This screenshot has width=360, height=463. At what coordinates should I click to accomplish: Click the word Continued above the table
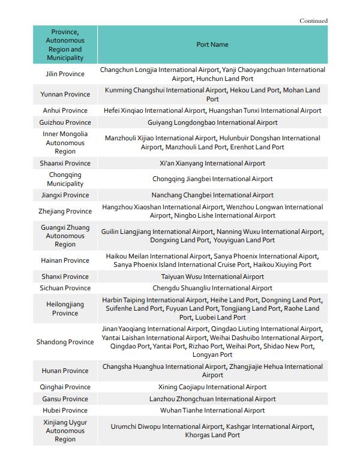[313, 21]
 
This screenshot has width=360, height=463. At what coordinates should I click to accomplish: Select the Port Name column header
[212, 44]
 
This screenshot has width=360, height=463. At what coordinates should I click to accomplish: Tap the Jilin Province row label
[65, 74]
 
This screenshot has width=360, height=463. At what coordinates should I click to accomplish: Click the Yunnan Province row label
[65, 95]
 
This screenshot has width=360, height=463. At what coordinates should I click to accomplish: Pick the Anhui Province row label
[65, 110]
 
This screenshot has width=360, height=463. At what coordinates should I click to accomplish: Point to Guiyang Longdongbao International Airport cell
[212, 122]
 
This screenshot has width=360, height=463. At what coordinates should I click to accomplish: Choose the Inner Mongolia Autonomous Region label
[65, 143]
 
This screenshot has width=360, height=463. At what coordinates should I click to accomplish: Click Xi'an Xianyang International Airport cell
[212, 163]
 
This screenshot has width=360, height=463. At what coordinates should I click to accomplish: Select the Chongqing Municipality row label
[65, 179]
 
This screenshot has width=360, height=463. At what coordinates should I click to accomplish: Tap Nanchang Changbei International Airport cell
[212, 195]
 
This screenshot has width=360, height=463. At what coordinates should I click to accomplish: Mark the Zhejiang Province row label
[65, 211]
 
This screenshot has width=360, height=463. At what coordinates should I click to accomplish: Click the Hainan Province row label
[65, 260]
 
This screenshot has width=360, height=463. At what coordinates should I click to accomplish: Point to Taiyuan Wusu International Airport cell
[212, 276]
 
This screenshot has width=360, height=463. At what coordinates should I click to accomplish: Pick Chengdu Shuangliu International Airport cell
[212, 288]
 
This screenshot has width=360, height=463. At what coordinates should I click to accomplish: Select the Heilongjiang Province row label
[65, 308]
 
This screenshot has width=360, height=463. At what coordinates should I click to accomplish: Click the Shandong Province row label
[65, 342]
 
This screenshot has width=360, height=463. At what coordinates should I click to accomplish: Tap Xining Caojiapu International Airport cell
[212, 387]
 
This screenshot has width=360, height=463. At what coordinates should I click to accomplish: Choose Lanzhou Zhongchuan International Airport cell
[212, 399]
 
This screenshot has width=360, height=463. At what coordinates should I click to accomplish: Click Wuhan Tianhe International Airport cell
[212, 410]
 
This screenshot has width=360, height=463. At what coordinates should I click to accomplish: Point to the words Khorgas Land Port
[212, 435]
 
